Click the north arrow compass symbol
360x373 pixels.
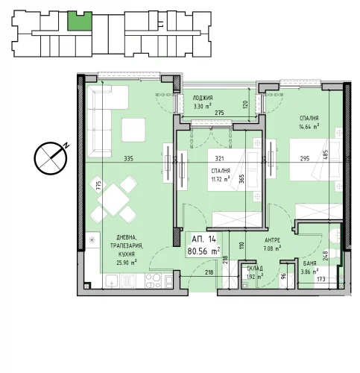51,158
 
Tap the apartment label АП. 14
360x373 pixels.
203,239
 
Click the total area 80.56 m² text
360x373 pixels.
203,251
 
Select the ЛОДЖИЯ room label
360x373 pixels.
203,98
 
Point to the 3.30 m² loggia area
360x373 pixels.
203,107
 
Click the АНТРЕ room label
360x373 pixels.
272,240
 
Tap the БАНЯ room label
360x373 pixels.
309,263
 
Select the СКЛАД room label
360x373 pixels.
255,269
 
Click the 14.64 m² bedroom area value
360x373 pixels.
309,127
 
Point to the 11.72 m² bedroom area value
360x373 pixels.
221,179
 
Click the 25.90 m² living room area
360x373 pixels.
127,263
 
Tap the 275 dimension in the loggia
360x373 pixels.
219,113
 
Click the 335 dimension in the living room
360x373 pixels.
129,158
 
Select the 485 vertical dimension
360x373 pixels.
326,154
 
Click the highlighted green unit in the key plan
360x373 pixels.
80,22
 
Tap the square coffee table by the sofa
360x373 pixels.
133,130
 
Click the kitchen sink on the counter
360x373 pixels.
112,281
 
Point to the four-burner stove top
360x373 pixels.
154,281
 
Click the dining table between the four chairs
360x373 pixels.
113,199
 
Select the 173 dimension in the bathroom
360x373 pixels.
320,279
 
